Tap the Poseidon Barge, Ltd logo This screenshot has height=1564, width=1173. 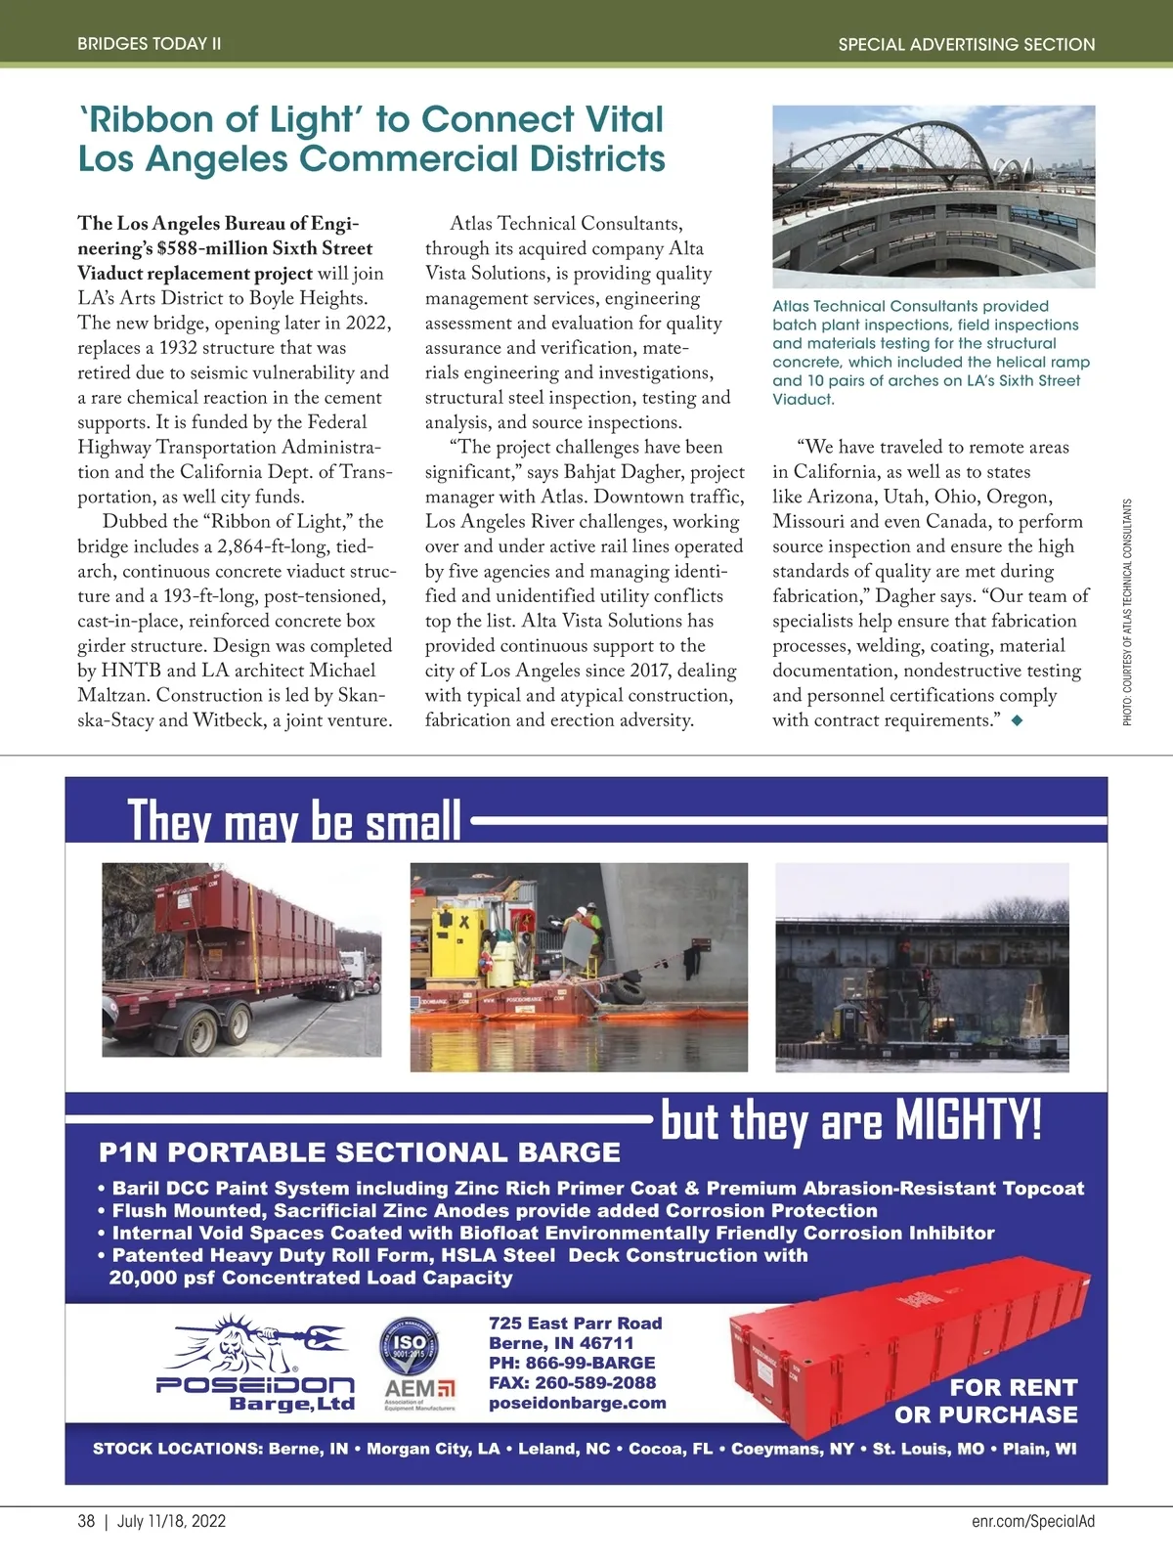256,1365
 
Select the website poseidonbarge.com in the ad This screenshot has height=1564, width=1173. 578,1403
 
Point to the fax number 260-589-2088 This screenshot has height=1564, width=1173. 572,1382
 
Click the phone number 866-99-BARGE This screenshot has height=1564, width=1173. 572,1363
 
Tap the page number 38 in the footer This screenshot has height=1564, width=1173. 86,1521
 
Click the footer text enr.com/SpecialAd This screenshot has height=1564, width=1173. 1033,1521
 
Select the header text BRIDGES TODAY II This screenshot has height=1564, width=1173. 150,44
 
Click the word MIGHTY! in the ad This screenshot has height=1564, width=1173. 969,1120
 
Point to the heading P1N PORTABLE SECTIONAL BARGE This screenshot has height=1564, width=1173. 360,1152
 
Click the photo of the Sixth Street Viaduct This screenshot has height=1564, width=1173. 934,195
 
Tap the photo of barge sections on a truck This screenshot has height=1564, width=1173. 241,959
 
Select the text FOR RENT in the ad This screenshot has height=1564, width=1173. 1014,1387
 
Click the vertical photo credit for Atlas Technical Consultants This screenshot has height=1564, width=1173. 1127,613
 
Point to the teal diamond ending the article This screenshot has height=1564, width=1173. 1018,721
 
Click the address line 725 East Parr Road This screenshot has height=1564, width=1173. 576,1323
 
